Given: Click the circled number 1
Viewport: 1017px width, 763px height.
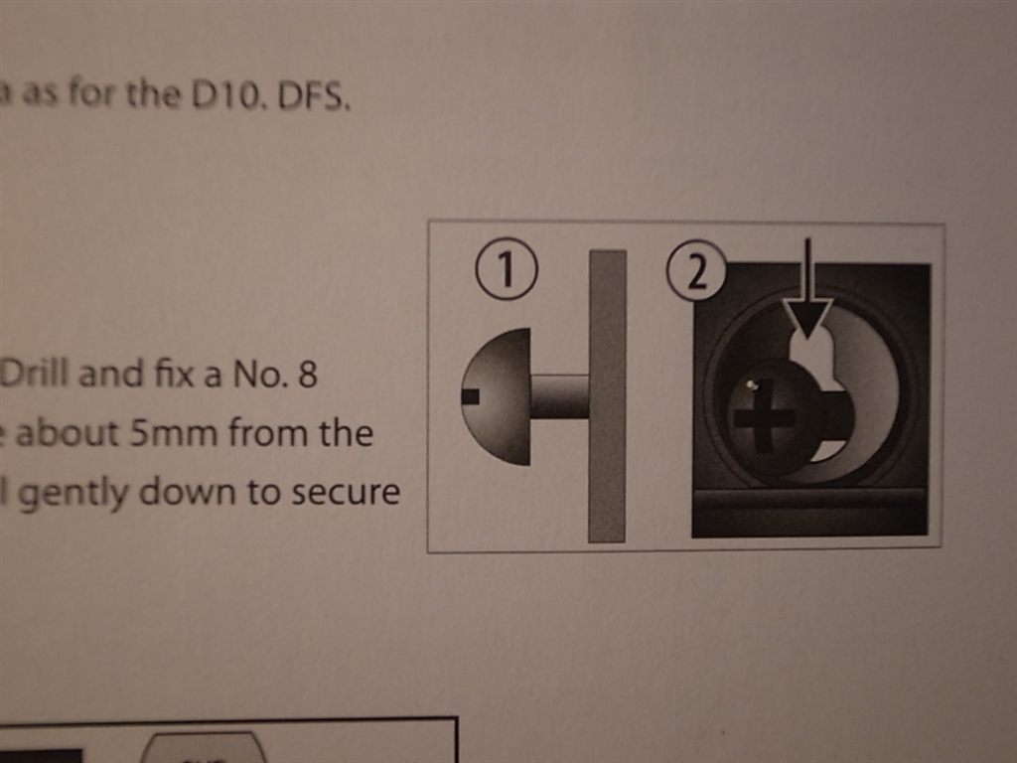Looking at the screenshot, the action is click(x=507, y=270).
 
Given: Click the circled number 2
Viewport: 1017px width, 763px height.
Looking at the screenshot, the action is click(x=696, y=270).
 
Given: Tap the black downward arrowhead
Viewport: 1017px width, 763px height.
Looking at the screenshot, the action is click(x=806, y=318).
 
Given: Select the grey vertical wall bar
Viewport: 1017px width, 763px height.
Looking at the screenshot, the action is click(x=607, y=395).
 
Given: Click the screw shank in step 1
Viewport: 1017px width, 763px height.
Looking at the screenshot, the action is click(x=560, y=395).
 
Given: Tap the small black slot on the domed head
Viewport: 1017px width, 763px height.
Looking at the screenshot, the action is click(x=471, y=395).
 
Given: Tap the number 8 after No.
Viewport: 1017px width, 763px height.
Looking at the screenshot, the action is click(x=307, y=375).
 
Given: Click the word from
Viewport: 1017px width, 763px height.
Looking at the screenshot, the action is click(x=264, y=433).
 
